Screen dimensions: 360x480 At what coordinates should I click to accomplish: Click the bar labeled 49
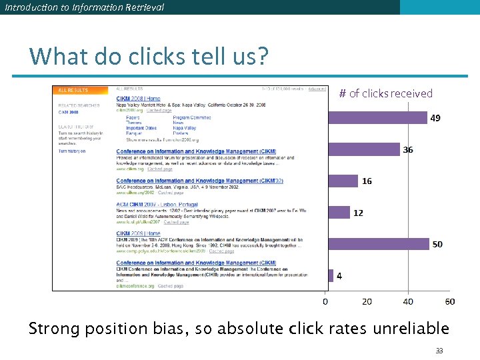click(377, 118)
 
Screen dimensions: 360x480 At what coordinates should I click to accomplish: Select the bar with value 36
click(363, 150)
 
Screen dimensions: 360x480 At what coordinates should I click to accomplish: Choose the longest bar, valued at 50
click(378, 244)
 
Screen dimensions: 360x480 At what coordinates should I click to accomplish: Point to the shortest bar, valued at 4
click(330, 275)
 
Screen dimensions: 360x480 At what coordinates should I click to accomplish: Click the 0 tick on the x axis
click(325, 302)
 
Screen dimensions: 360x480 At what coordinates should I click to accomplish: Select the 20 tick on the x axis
click(367, 302)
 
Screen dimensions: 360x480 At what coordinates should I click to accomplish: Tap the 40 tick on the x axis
click(408, 302)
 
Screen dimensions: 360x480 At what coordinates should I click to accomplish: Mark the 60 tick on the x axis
click(449, 302)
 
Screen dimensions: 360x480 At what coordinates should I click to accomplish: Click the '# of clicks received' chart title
click(385, 93)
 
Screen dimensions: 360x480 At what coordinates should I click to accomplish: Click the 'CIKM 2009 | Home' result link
click(138, 233)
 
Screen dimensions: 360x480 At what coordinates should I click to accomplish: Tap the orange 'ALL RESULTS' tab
click(73, 90)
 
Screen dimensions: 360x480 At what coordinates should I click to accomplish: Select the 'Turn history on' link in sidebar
click(72, 151)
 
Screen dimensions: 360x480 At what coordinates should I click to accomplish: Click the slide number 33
click(439, 351)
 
